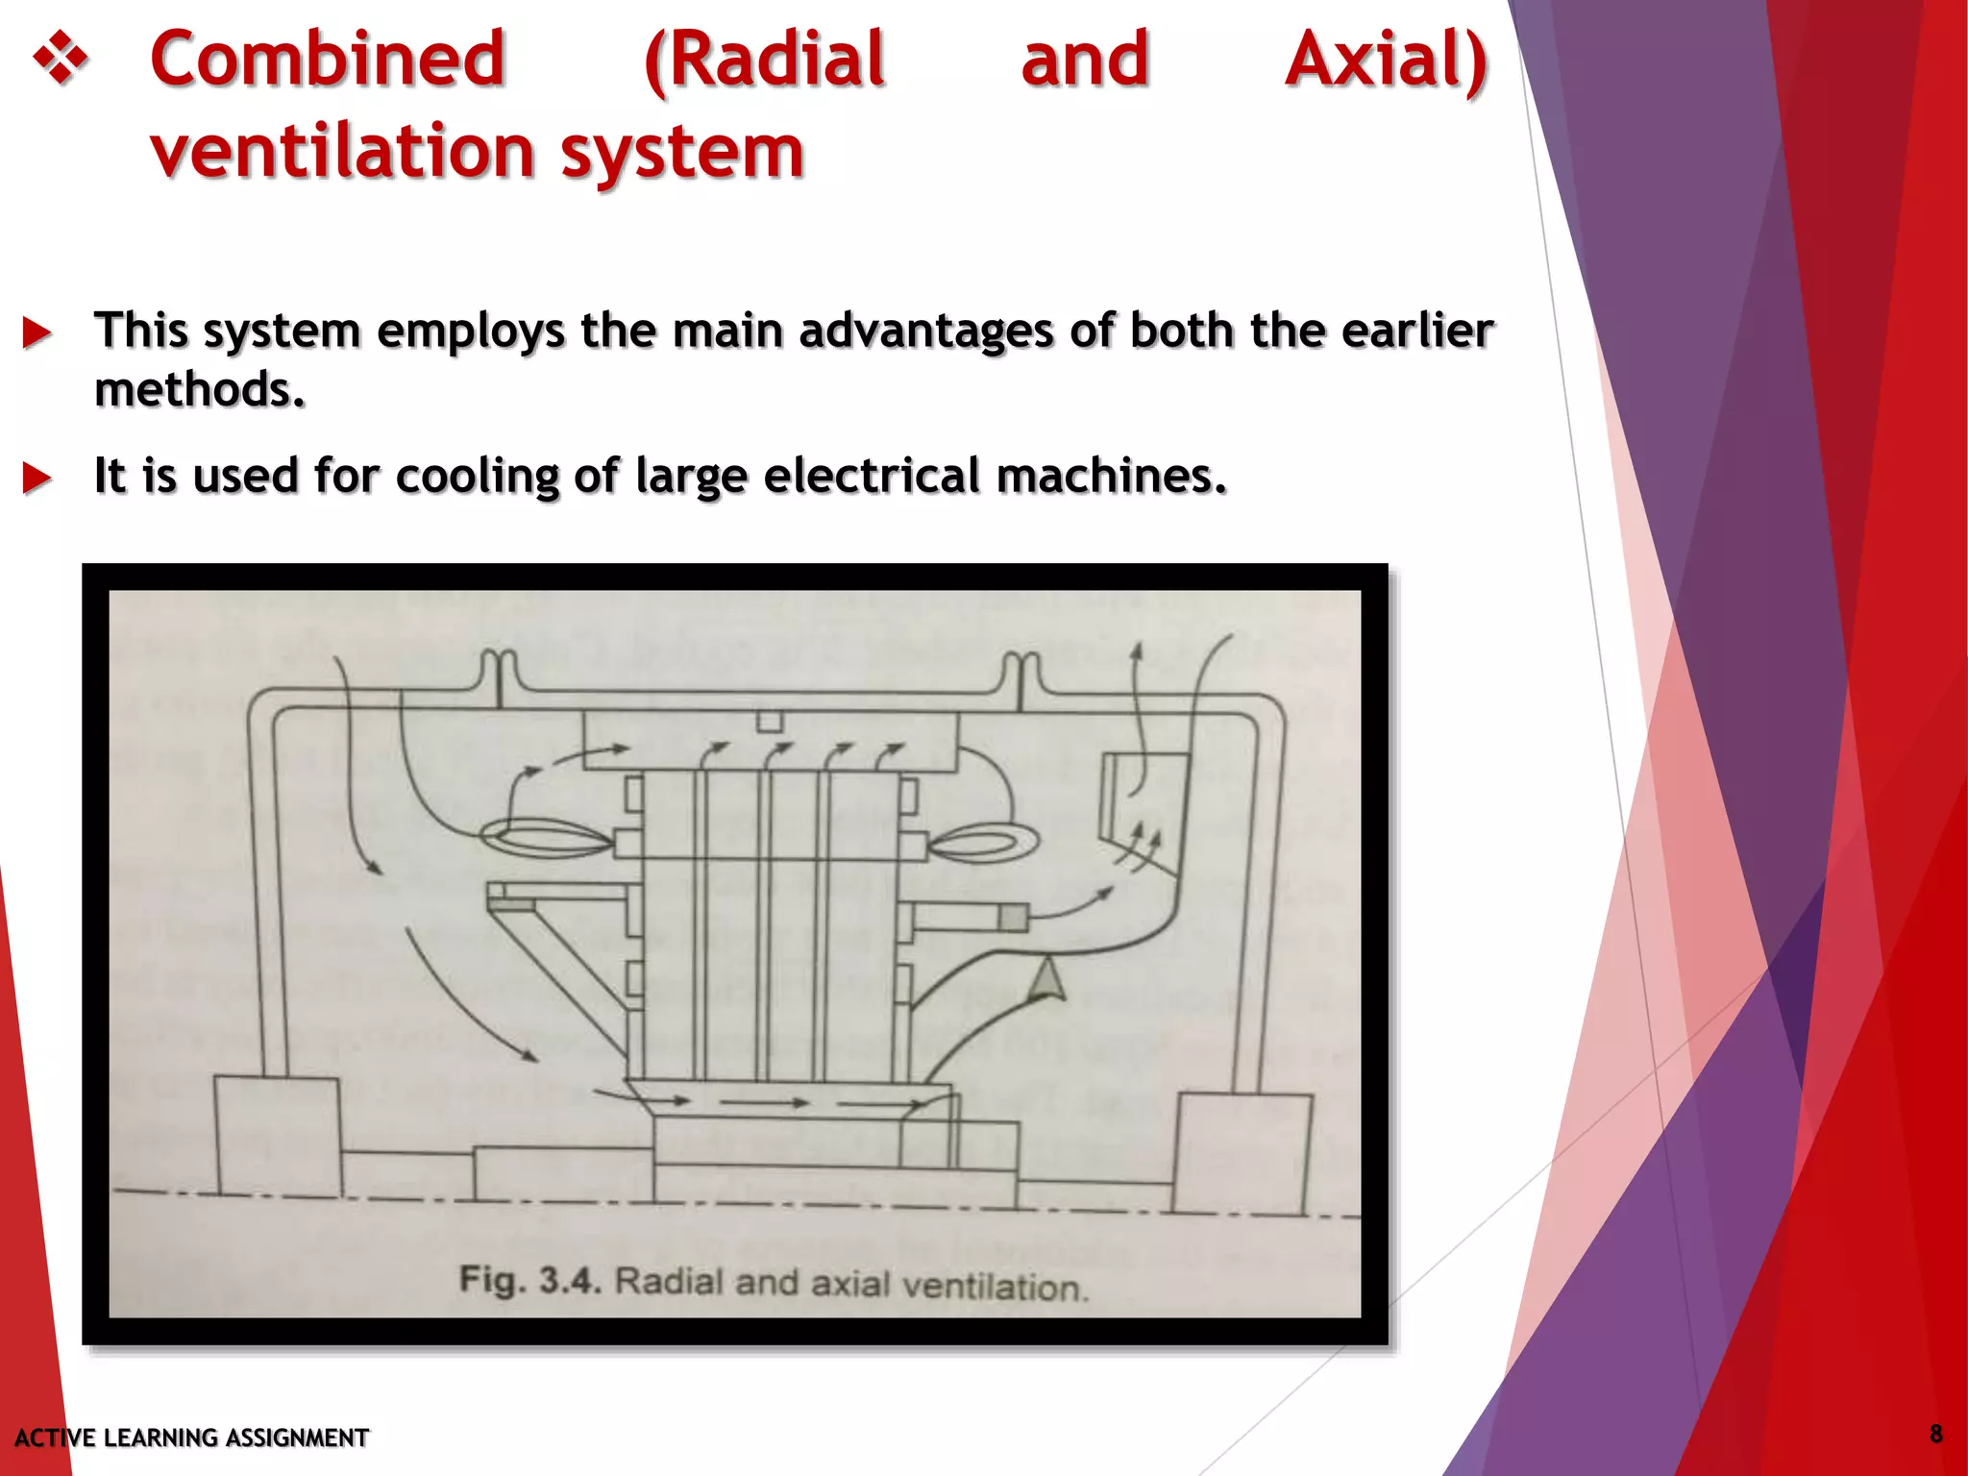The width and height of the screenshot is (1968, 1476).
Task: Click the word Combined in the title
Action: click(x=328, y=60)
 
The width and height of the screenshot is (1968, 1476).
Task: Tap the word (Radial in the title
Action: click(x=764, y=60)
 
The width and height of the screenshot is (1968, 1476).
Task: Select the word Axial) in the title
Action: click(x=1387, y=60)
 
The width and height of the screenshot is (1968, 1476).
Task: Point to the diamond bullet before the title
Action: click(x=61, y=60)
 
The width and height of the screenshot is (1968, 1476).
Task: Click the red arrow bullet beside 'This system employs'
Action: click(x=37, y=333)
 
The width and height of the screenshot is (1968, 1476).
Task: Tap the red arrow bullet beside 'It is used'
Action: click(x=37, y=478)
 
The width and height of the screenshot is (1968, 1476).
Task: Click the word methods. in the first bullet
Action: click(x=200, y=390)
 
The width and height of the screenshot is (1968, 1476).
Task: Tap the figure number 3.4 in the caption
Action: click(x=570, y=1280)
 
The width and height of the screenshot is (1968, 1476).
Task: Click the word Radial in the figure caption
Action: click(x=668, y=1282)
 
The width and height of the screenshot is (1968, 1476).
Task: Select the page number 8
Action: click(x=1935, y=1435)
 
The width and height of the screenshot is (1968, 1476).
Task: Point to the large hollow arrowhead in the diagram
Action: click(x=1047, y=981)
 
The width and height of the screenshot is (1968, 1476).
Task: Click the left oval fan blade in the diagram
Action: click(x=546, y=841)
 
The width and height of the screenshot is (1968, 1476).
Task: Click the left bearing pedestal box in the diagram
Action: click(x=278, y=1137)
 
